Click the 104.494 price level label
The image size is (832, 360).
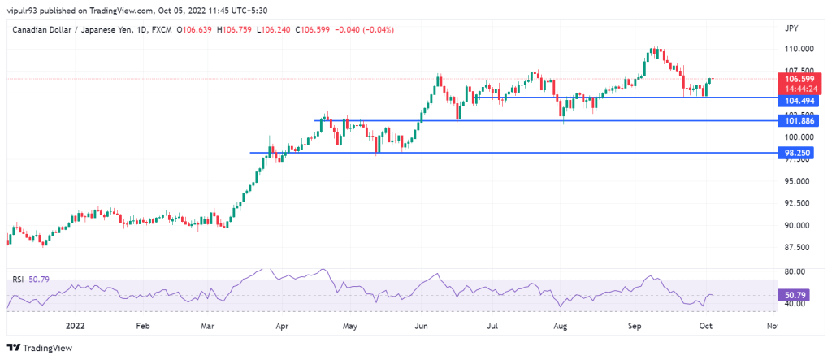pyautogui.click(x=796, y=101)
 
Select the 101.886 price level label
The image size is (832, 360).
pyautogui.click(x=796, y=121)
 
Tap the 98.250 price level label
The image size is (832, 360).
pyautogui.click(x=796, y=153)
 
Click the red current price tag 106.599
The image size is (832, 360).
pyautogui.click(x=796, y=79)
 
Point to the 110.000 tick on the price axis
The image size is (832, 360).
pyautogui.click(x=799, y=49)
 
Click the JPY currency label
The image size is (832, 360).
pyautogui.click(x=791, y=28)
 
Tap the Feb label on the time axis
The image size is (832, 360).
pyautogui.click(x=143, y=326)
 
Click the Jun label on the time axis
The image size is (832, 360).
pyautogui.click(x=422, y=326)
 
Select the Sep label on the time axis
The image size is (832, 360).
pyautogui.click(x=635, y=326)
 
